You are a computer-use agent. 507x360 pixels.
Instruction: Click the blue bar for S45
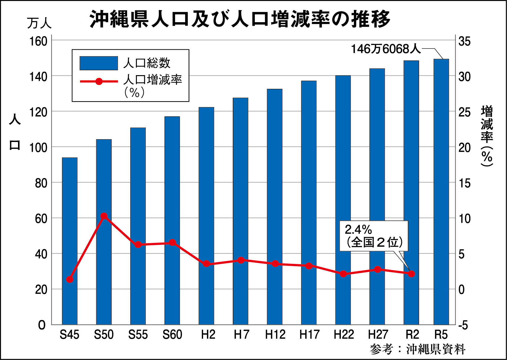click(69, 241)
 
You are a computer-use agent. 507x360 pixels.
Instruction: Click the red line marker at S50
click(104, 216)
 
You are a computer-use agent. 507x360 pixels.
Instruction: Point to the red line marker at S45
click(69, 279)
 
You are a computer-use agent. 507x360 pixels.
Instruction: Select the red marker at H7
click(241, 260)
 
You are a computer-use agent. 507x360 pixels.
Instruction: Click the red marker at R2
click(411, 274)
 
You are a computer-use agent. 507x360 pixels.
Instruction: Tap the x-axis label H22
click(344, 335)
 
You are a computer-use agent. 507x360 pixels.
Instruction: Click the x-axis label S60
click(172, 335)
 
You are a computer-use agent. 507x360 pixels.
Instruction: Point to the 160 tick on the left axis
click(38, 41)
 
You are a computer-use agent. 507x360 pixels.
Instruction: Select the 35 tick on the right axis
click(464, 41)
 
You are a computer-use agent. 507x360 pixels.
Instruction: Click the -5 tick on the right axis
click(463, 325)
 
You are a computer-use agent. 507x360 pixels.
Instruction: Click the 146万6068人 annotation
click(385, 49)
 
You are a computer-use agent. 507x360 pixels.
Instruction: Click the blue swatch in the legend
click(99, 63)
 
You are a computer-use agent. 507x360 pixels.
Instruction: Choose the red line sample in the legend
click(99, 81)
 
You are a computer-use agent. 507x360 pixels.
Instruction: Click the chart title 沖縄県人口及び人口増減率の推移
click(240, 19)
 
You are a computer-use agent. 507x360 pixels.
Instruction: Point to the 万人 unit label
click(39, 23)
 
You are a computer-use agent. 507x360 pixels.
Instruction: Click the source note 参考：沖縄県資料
click(417, 349)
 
